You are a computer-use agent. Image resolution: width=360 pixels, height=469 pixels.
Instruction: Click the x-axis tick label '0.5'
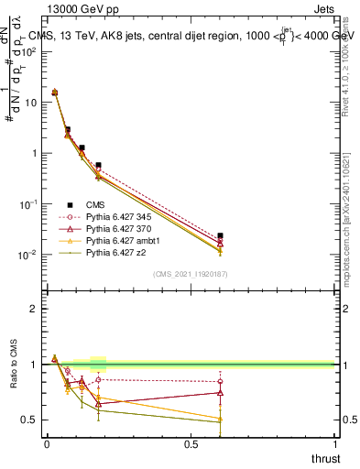(190, 444)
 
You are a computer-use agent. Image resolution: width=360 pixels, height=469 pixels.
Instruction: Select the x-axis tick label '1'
(335, 444)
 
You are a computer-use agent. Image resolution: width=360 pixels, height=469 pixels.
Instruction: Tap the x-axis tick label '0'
(47, 444)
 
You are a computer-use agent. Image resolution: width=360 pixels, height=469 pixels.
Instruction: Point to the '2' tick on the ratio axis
(34, 309)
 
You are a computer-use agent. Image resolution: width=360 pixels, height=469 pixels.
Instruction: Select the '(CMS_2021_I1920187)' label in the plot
(190, 273)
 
